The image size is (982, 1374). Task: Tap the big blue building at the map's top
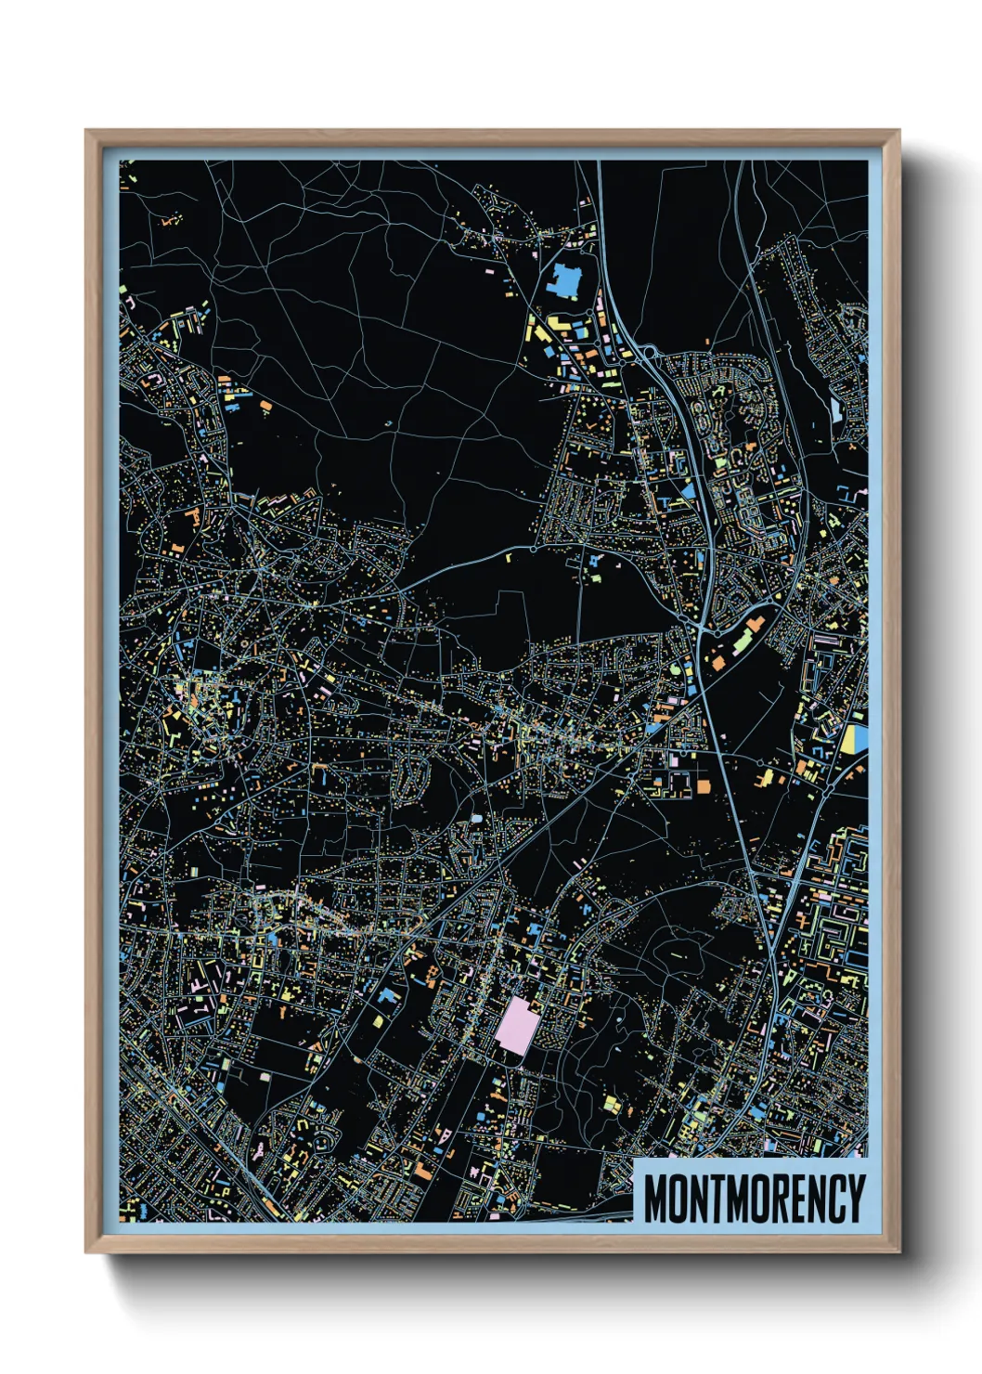[563, 279]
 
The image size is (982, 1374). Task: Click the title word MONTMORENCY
[754, 1198]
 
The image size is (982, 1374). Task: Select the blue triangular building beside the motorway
[688, 490]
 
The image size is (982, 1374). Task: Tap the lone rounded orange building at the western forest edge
[266, 405]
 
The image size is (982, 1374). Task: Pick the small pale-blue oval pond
[476, 819]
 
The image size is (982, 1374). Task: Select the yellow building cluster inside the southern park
[612, 1104]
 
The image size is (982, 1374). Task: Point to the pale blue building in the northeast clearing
[835, 408]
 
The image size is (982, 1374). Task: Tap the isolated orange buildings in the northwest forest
[170, 221]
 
